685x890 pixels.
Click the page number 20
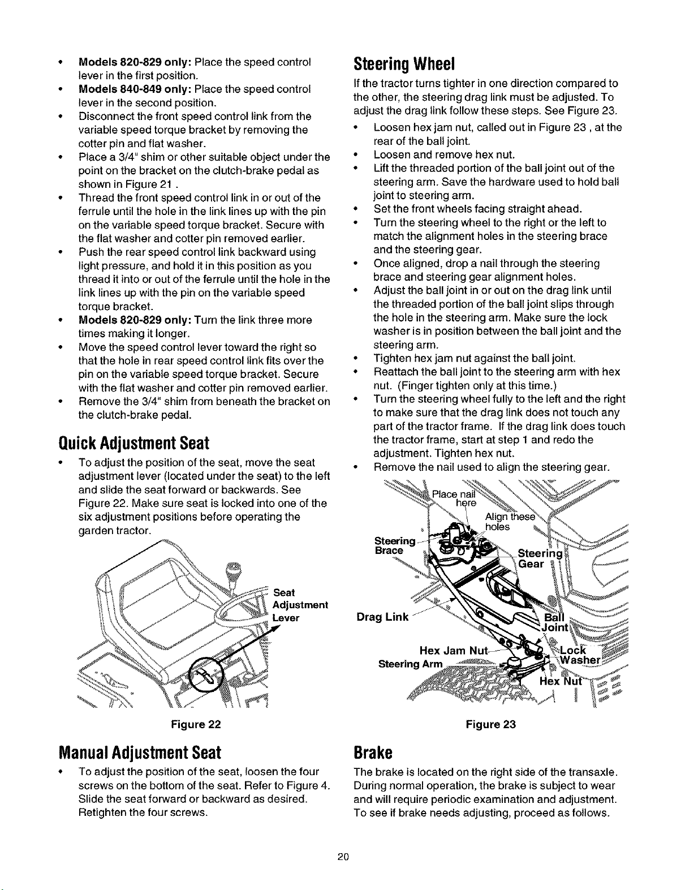point(342,857)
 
